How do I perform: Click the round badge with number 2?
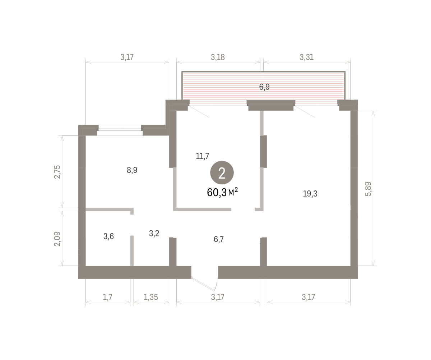pyautogui.click(x=222, y=172)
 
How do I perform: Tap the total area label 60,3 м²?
pyautogui.click(x=222, y=193)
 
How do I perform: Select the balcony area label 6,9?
pyautogui.click(x=264, y=87)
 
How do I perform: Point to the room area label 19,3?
pyautogui.click(x=310, y=194)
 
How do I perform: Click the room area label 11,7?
pyautogui.click(x=202, y=156)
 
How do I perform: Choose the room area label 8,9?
pyautogui.click(x=132, y=170)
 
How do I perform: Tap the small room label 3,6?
pyautogui.click(x=108, y=236)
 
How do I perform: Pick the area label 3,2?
pyautogui.click(x=154, y=234)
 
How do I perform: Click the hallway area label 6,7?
pyautogui.click(x=219, y=239)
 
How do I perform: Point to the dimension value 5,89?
pyautogui.click(x=368, y=189)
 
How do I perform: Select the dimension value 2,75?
pyautogui.click(x=57, y=172)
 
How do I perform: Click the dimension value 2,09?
pyautogui.click(x=57, y=239)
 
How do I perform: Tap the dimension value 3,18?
pyautogui.click(x=218, y=57)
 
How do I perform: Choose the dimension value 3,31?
pyautogui.click(x=307, y=57)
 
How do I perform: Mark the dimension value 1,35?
pyautogui.click(x=151, y=297)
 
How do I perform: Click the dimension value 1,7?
pyautogui.click(x=107, y=297)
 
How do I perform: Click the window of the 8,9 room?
pyautogui.click(x=120, y=130)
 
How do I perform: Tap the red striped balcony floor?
pyautogui.click(x=263, y=88)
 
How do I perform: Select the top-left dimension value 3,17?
pyautogui.click(x=127, y=57)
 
